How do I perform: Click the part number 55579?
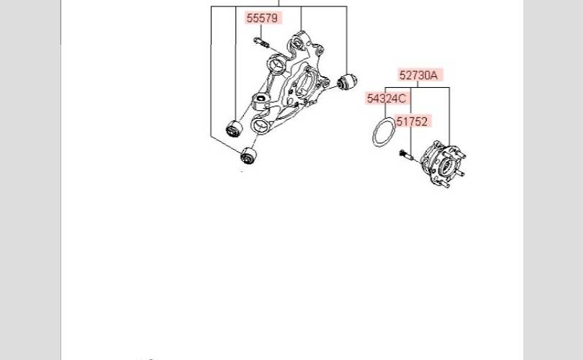pos(262,18)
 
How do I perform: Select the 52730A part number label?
pos(419,75)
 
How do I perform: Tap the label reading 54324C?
pos(387,99)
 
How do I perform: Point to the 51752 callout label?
pos(412,121)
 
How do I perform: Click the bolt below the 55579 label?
pos(261,42)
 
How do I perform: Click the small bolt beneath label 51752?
pos(406,155)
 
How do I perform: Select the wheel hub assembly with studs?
pos(443,164)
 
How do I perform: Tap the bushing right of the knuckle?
pos(347,81)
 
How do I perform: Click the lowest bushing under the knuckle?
pos(248,156)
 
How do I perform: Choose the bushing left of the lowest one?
pos(234,129)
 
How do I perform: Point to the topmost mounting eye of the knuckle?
pos(299,42)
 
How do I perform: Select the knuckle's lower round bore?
pos(260,126)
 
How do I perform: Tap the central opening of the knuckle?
pos(306,84)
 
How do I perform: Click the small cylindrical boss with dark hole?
pos(261,100)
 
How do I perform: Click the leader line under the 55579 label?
pos(261,31)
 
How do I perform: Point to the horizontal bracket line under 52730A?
pos(417,88)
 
